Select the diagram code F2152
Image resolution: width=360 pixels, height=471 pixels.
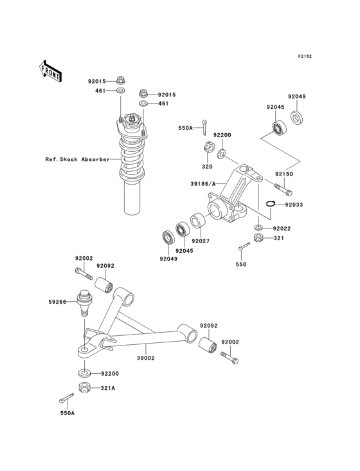coord(304,57)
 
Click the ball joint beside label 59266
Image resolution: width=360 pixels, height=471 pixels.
coord(83,302)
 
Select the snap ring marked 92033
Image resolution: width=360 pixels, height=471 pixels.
coord(271,205)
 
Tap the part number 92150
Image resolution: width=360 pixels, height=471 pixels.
coord(285,174)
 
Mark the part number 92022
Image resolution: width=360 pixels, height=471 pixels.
coord(281,228)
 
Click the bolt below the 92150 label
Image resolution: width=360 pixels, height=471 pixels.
coord(282,190)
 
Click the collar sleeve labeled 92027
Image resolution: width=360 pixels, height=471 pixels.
coord(197,223)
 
